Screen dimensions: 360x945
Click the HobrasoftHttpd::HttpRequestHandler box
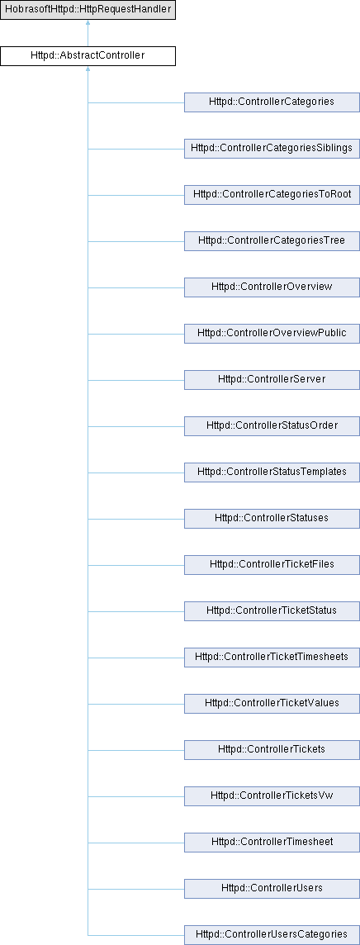pos(88,10)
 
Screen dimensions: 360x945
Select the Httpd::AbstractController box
pos(88,57)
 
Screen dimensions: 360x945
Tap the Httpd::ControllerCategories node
pos(272,102)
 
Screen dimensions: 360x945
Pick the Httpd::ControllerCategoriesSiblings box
pos(272,149)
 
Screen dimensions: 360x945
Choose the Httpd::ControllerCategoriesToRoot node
pos(272,195)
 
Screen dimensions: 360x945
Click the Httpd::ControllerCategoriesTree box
pos(272,241)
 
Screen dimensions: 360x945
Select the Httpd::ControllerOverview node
pos(272,287)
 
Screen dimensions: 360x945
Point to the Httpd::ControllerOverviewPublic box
pos(272,334)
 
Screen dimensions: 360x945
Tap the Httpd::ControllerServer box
pos(272,380)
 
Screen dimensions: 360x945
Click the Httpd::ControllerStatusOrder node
pos(272,426)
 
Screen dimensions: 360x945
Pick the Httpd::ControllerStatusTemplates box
pos(272,472)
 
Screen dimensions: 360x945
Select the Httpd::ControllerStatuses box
pos(272,518)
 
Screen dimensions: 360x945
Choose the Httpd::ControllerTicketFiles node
pos(272,565)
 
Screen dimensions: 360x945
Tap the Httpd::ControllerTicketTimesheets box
pos(272,657)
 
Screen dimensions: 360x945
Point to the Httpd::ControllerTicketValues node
pos(272,703)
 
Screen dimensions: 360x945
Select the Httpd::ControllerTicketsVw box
pos(272,795)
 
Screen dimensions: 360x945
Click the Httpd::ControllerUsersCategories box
pos(272,934)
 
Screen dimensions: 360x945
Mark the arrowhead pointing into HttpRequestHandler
pos(88,23)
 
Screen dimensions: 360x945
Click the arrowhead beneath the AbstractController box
pos(88,70)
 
